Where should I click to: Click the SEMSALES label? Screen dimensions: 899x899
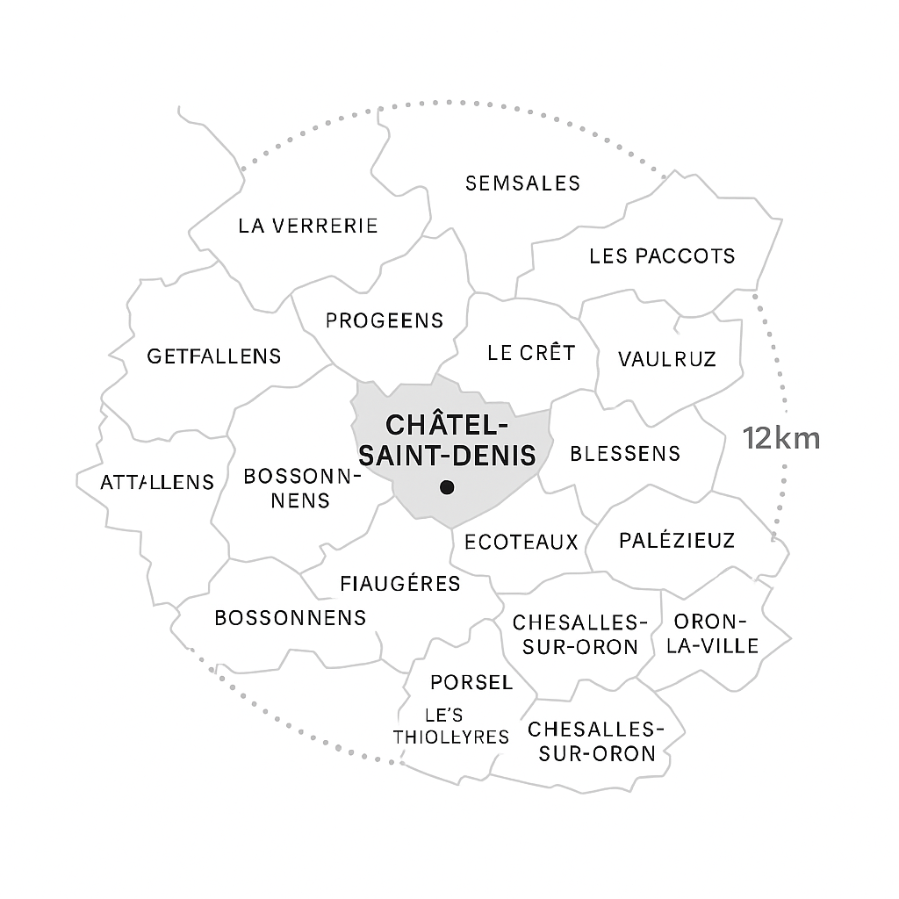click(522, 183)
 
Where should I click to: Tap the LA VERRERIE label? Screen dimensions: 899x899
click(308, 226)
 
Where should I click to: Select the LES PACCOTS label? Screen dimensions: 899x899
click(662, 256)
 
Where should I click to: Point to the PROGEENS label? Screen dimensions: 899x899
click(385, 320)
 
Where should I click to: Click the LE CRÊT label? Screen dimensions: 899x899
click(531, 353)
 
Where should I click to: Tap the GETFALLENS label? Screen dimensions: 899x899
click(214, 356)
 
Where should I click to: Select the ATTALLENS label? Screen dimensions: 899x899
click(157, 482)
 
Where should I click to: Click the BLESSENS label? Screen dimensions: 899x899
click(625, 453)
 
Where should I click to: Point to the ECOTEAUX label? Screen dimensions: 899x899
click(521, 542)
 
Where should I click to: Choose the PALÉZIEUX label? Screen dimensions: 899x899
click(677, 540)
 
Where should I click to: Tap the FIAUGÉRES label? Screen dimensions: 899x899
click(400, 584)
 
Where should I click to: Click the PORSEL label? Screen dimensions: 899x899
click(471, 682)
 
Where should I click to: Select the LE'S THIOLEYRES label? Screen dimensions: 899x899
click(451, 726)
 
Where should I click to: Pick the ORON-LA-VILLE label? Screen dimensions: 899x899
click(716, 634)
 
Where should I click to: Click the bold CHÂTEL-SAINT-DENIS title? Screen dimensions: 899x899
click(448, 440)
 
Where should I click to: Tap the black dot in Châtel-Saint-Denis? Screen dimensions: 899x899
click(447, 486)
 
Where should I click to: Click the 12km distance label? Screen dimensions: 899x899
click(781, 438)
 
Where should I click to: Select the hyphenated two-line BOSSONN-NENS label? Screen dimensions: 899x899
click(302, 488)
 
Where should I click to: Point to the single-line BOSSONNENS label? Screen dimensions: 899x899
click(291, 617)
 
